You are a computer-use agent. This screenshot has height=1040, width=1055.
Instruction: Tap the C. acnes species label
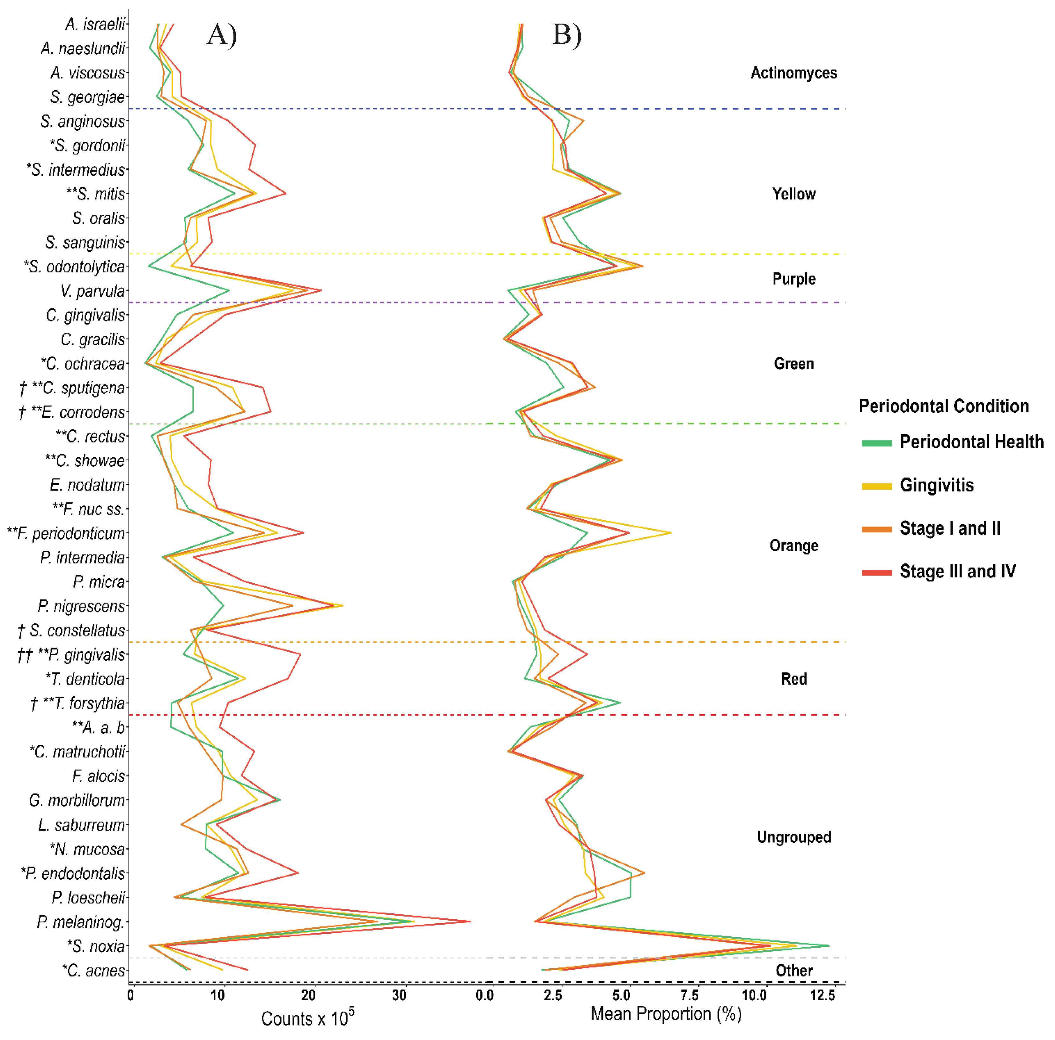tap(94, 971)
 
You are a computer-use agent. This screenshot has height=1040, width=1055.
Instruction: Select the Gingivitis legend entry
tap(936, 485)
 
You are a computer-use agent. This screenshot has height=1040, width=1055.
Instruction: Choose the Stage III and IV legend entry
tap(957, 571)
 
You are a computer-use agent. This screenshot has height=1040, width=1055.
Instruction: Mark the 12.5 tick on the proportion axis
tap(822, 995)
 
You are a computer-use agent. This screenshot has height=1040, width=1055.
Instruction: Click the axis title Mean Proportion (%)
tap(666, 1014)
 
